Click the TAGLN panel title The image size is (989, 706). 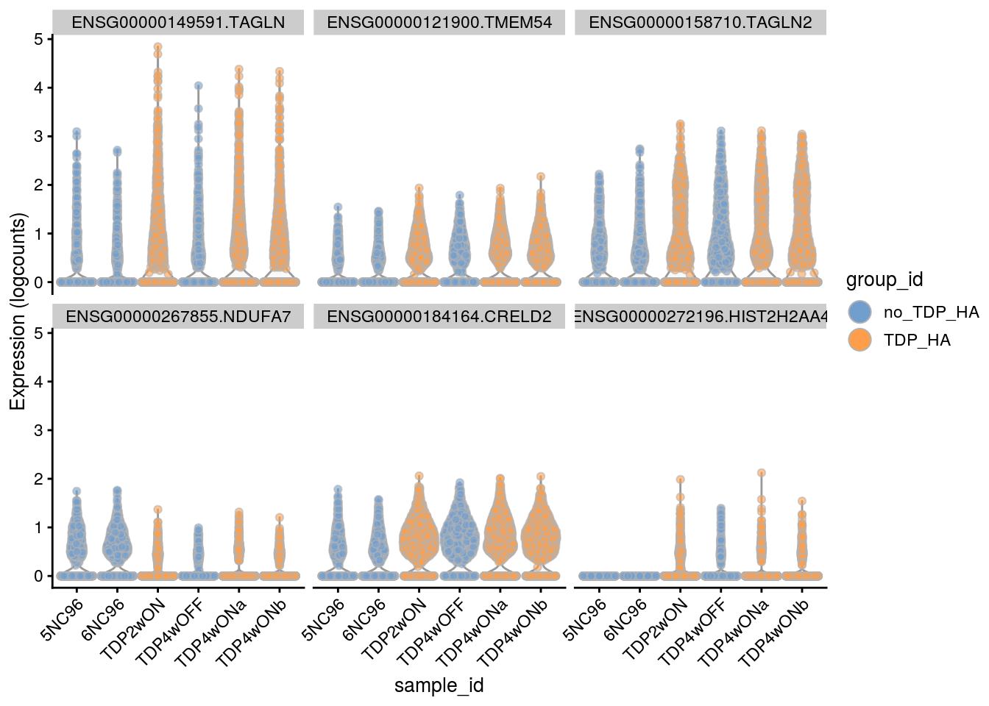[178, 22]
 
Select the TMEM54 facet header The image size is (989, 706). [439, 22]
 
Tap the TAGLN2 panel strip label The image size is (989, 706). [700, 22]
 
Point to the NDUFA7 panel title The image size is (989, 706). [178, 317]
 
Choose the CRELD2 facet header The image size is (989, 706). [439, 317]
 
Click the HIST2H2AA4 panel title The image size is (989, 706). [700, 317]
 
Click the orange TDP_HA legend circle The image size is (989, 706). [859, 340]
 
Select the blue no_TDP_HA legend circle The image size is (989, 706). [859, 312]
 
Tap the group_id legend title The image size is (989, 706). [884, 280]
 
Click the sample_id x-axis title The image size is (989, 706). [439, 685]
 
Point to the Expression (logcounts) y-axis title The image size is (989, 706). [18, 311]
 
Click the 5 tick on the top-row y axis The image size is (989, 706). [38, 39]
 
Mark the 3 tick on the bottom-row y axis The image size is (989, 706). [38, 430]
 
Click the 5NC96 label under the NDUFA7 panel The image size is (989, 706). [63, 619]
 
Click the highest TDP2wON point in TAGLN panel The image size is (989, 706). [157, 47]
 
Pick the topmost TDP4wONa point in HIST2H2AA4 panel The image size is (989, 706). [762, 473]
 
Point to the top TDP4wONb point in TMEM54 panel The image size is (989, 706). [541, 176]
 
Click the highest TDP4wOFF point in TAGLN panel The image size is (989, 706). [198, 86]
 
